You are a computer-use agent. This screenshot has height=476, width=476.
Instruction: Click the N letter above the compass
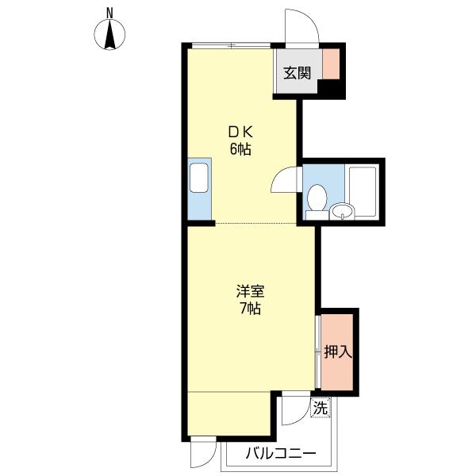[x=109, y=13]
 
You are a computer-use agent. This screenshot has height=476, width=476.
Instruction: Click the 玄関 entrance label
[x=297, y=73]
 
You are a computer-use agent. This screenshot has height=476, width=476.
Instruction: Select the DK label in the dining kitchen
[x=240, y=132]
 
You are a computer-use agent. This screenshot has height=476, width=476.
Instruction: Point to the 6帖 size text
[x=240, y=149]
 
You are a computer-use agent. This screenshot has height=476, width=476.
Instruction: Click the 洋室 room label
[x=250, y=291]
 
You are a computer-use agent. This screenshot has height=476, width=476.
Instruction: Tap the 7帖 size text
[x=250, y=309]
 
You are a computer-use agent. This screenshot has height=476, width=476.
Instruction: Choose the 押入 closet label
[x=338, y=351]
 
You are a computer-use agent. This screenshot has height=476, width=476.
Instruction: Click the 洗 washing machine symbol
[x=321, y=408]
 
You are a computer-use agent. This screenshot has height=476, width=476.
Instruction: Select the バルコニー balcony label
[x=281, y=454]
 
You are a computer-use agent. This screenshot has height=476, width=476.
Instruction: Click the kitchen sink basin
[x=199, y=178]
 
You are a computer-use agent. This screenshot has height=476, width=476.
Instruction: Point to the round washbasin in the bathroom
[x=343, y=211]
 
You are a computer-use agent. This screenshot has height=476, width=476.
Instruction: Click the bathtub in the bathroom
[x=363, y=191]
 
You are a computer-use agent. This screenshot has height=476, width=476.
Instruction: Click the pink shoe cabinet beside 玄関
[x=331, y=64]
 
